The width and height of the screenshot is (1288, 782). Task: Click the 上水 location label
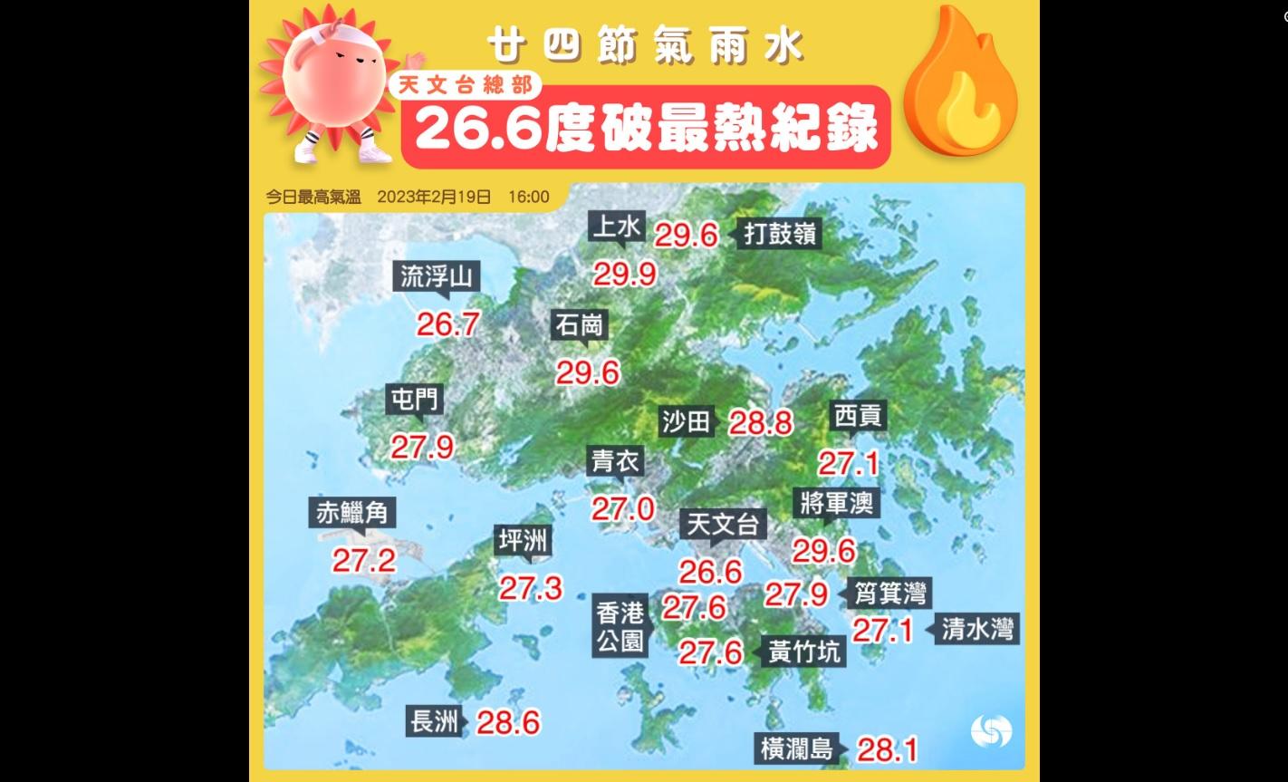616,227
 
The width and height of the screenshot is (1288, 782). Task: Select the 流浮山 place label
437,277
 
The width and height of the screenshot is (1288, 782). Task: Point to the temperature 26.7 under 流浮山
447,323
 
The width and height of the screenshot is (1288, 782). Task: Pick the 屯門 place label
413,400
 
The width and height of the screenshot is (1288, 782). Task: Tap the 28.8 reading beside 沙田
761,422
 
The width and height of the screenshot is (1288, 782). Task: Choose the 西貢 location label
857,417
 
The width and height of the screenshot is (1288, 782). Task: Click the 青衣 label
616,462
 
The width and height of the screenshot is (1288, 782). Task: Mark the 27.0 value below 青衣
623,508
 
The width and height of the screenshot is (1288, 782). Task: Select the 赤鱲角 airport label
352,514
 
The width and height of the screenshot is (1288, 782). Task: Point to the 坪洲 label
524,541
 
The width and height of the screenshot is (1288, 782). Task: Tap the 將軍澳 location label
837,503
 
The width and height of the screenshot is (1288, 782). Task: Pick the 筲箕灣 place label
891,594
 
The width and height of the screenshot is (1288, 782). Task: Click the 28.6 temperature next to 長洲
508,722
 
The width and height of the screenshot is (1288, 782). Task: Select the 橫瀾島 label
796,749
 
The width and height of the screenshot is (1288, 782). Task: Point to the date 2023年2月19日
434,197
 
